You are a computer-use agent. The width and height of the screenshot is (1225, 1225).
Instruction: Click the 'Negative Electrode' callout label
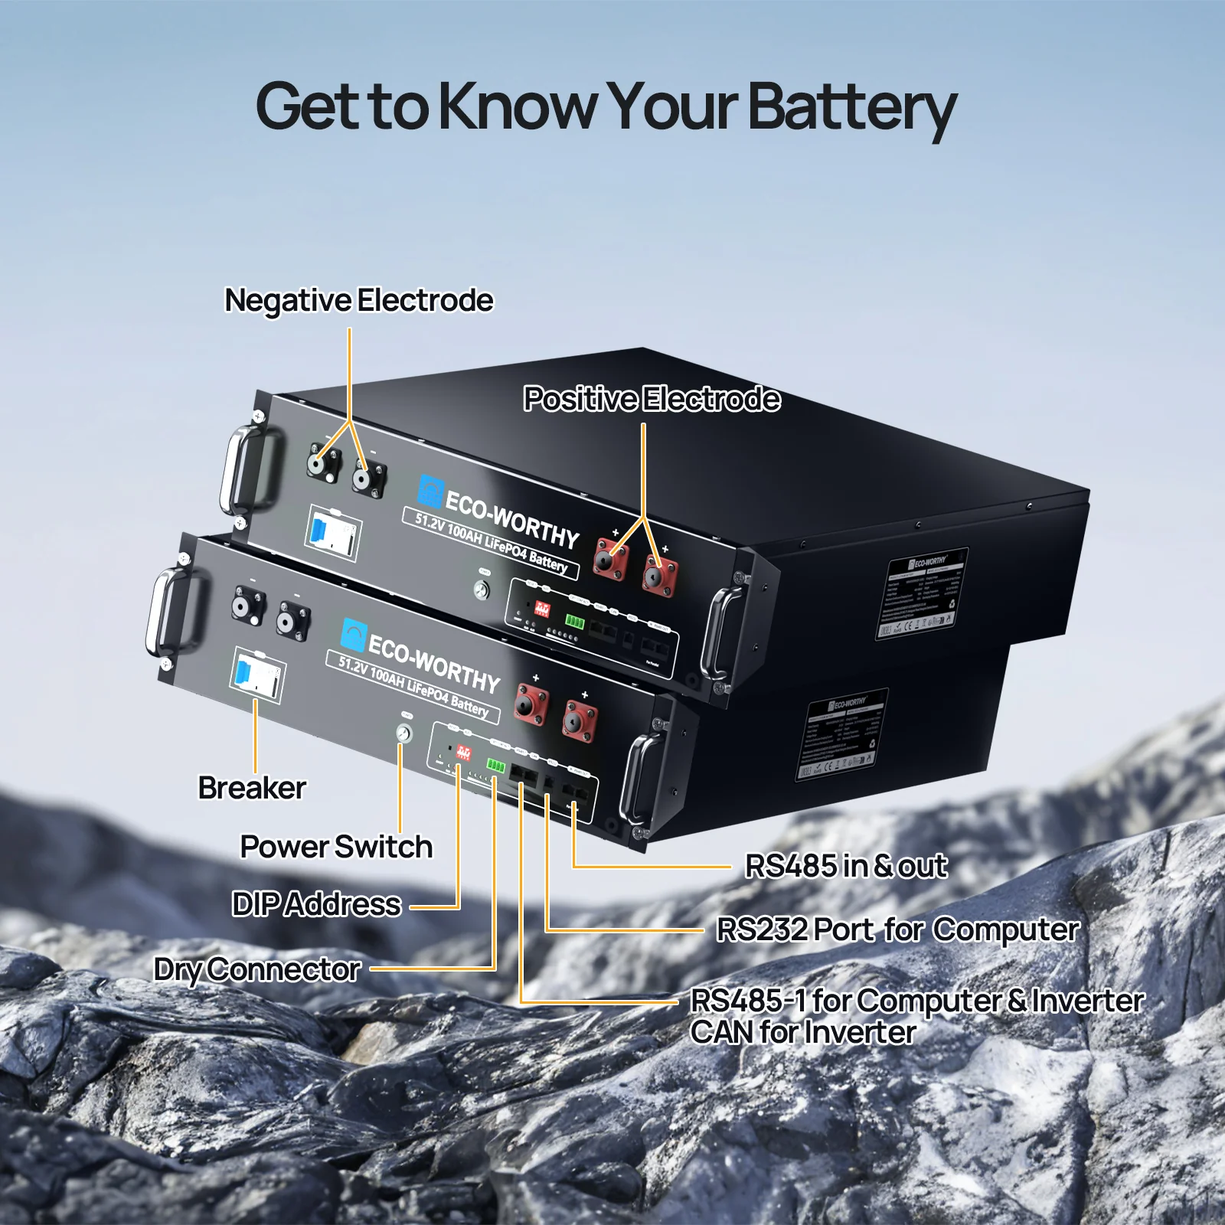(358, 300)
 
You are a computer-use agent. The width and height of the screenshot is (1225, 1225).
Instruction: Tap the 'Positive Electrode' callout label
(652, 399)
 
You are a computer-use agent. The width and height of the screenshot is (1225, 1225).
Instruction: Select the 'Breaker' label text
(252, 788)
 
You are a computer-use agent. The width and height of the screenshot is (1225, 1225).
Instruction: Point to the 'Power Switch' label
(336, 847)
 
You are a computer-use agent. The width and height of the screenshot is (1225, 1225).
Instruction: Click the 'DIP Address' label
(316, 904)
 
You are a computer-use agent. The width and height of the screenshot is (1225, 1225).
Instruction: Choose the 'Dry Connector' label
(257, 969)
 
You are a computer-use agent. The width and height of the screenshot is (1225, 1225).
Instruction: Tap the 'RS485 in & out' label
(846, 866)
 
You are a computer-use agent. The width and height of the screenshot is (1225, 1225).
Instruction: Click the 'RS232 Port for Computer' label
(897, 929)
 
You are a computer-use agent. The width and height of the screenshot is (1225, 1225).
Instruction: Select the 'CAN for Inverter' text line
(802, 1032)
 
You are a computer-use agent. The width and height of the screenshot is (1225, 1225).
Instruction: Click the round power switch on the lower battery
(403, 733)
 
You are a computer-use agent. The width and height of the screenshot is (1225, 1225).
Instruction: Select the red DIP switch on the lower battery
(463, 752)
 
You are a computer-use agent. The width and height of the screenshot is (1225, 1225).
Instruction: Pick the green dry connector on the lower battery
(496, 766)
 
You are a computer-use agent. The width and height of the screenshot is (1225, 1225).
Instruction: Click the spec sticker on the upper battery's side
(921, 594)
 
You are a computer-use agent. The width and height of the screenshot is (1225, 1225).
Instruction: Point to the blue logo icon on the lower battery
(353, 635)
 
